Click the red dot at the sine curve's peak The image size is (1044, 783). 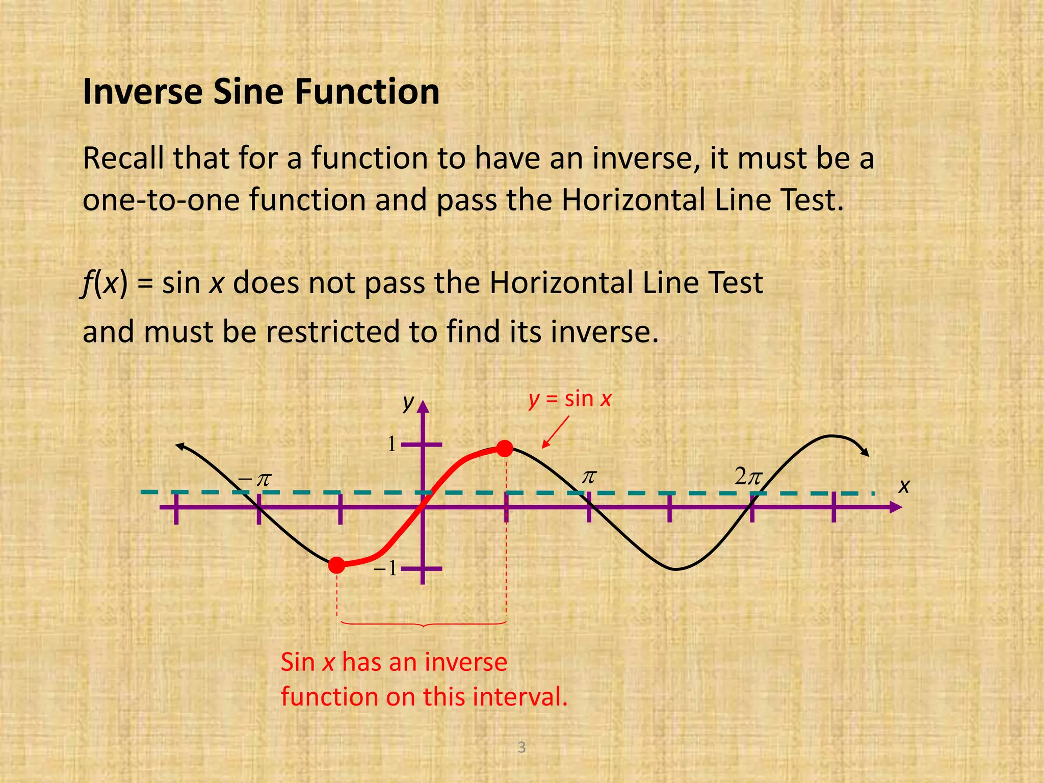click(504, 449)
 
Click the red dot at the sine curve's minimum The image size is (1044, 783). click(336, 565)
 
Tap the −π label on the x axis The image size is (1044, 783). click(255, 480)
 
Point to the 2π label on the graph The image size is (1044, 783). click(748, 477)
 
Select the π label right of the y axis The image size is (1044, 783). click(589, 477)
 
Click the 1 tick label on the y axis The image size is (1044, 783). click(391, 445)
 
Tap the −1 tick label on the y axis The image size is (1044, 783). click(385, 568)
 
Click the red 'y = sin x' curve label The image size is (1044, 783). click(569, 399)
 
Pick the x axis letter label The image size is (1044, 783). click(904, 486)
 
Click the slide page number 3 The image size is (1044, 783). click(521, 747)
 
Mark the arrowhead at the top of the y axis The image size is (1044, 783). click(423, 406)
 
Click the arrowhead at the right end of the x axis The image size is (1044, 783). click(896, 507)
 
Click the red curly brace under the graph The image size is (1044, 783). click(423, 624)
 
